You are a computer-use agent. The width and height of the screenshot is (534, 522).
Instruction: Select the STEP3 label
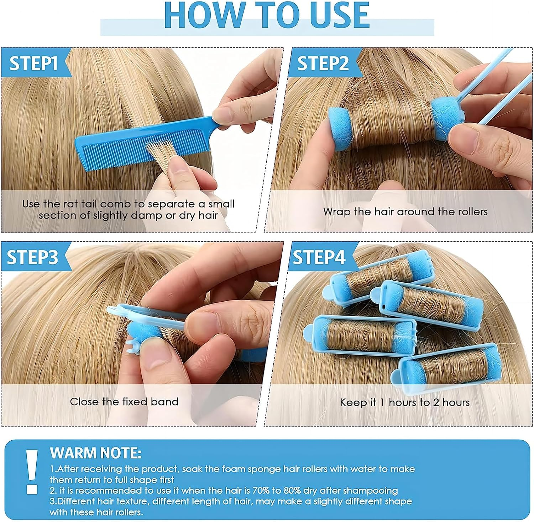[x=32, y=257]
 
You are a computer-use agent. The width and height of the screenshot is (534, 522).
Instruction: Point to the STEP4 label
[x=319, y=257]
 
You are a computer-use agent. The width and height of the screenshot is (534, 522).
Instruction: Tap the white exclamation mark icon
[x=32, y=471]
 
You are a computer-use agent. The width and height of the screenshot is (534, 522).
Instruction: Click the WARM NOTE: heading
[x=96, y=453]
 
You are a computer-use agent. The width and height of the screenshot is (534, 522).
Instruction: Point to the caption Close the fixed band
[x=124, y=402]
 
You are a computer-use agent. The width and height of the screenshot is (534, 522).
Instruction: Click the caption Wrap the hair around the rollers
[x=405, y=212]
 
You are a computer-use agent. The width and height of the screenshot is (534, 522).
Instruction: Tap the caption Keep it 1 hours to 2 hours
[x=405, y=403]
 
